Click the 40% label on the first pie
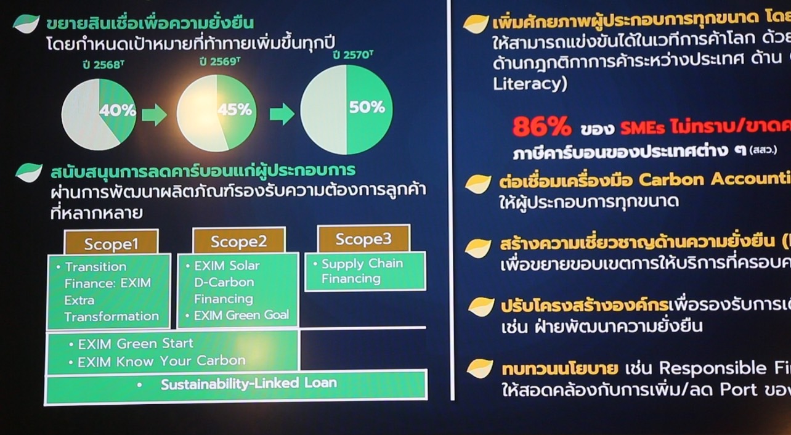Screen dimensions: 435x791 118,111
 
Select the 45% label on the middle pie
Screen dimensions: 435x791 235,110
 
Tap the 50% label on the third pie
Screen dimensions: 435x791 367,107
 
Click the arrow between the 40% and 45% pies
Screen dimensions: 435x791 154,115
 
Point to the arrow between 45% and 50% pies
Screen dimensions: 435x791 282,113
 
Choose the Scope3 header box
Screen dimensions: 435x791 363,238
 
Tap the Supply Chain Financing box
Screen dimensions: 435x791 365,271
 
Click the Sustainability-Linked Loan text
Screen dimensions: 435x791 249,384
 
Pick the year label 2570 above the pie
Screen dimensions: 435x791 352,55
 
